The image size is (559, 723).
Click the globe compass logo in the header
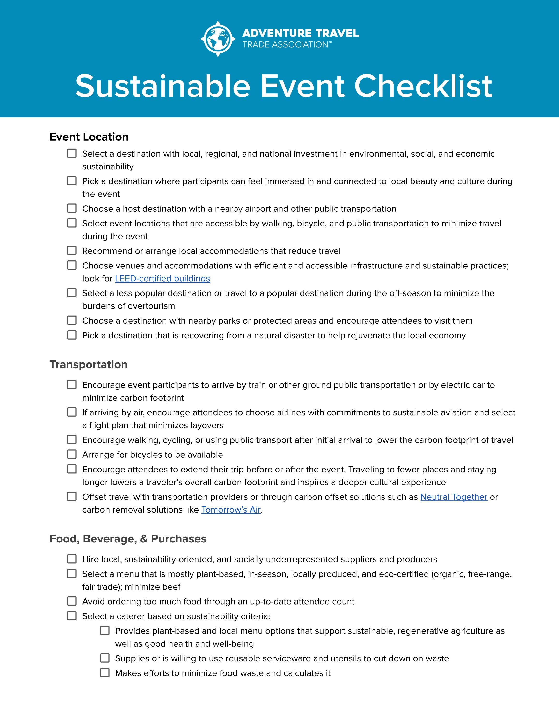pyautogui.click(x=218, y=39)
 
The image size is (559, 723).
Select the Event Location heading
pyautogui.click(x=89, y=137)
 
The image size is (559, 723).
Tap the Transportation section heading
pyautogui.click(x=88, y=364)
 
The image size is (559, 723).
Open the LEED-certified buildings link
pyautogui.click(x=162, y=278)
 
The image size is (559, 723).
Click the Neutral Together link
pyautogui.click(x=454, y=497)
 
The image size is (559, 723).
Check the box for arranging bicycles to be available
pyautogui.click(x=72, y=454)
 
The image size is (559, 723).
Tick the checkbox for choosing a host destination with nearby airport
pyautogui.click(x=72, y=208)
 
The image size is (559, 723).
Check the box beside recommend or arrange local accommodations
pyautogui.click(x=72, y=251)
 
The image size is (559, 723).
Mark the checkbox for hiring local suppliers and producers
pyautogui.click(x=72, y=559)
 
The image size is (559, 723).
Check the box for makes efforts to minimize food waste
pyautogui.click(x=105, y=673)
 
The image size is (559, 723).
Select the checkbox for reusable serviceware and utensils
pyautogui.click(x=105, y=658)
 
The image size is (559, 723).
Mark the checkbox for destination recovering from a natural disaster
pyautogui.click(x=72, y=335)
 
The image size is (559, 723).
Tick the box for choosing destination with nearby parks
pyautogui.click(x=72, y=320)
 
